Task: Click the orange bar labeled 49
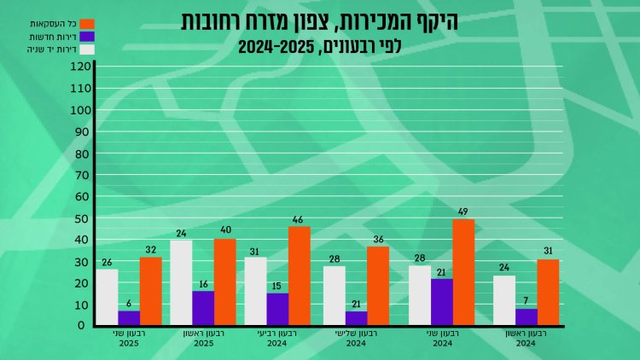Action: (x=463, y=272)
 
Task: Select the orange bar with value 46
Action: (x=299, y=276)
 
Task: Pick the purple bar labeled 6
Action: (x=129, y=318)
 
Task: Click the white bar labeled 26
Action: (x=107, y=297)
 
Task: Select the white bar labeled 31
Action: (x=255, y=291)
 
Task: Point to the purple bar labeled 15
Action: (x=277, y=309)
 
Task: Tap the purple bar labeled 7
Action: (x=527, y=316)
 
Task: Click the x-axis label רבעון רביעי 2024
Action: (x=276, y=339)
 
